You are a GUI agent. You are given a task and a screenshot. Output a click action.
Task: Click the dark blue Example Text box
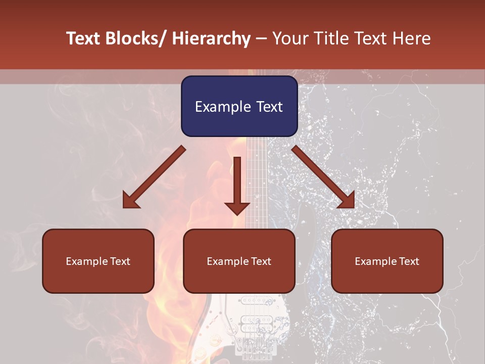coord(239,106)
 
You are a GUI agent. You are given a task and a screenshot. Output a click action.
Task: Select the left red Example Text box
coord(98,261)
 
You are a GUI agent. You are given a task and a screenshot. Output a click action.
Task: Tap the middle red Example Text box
coord(239,261)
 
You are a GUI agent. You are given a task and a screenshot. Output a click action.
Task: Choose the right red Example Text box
coord(387,261)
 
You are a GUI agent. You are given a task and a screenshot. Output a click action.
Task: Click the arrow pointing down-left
coord(154,177)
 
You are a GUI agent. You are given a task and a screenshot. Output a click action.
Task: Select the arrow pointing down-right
coord(323,177)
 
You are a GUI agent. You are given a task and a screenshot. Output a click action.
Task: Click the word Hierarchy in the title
coord(211,38)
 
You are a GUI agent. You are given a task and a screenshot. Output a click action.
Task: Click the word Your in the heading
coord(290,38)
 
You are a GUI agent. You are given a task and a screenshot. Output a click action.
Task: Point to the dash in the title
coord(261,38)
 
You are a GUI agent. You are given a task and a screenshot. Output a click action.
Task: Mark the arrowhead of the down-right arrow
coord(347,200)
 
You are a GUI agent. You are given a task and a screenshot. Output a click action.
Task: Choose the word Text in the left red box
coord(120,261)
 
